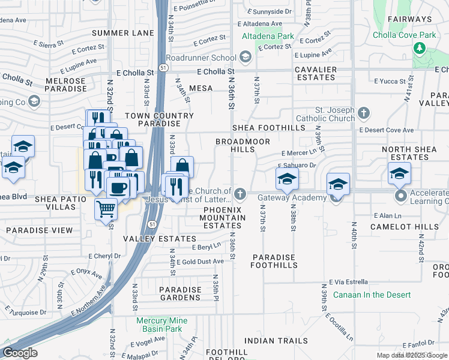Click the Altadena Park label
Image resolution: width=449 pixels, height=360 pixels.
[268, 36]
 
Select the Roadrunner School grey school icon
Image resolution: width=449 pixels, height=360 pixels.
[245, 58]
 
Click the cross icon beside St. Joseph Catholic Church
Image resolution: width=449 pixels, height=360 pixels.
[363, 113]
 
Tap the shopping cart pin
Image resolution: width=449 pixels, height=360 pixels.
[106, 210]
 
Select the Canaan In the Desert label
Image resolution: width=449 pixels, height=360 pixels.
[372, 295]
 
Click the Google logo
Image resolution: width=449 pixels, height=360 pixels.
[20, 353]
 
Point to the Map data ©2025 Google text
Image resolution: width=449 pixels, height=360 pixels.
[412, 355]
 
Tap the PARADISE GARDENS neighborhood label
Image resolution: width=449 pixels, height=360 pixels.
[180, 293]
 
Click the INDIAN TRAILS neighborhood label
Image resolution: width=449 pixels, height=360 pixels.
[276, 341]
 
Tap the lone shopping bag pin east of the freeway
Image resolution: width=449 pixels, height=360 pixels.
[182, 166]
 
